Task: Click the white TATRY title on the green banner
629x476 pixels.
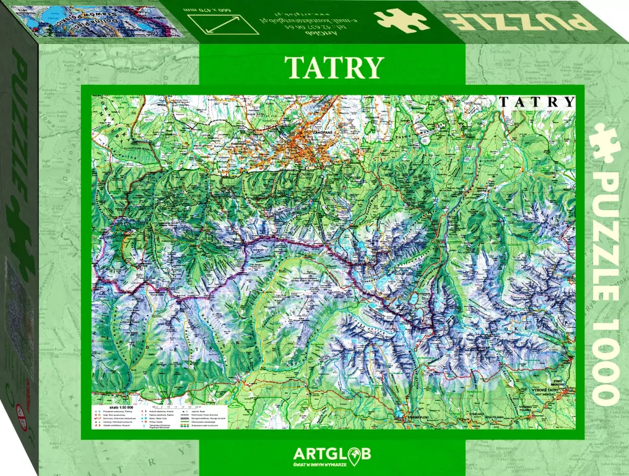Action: pos(334,68)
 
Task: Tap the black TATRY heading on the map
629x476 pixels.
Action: pos(537,102)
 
